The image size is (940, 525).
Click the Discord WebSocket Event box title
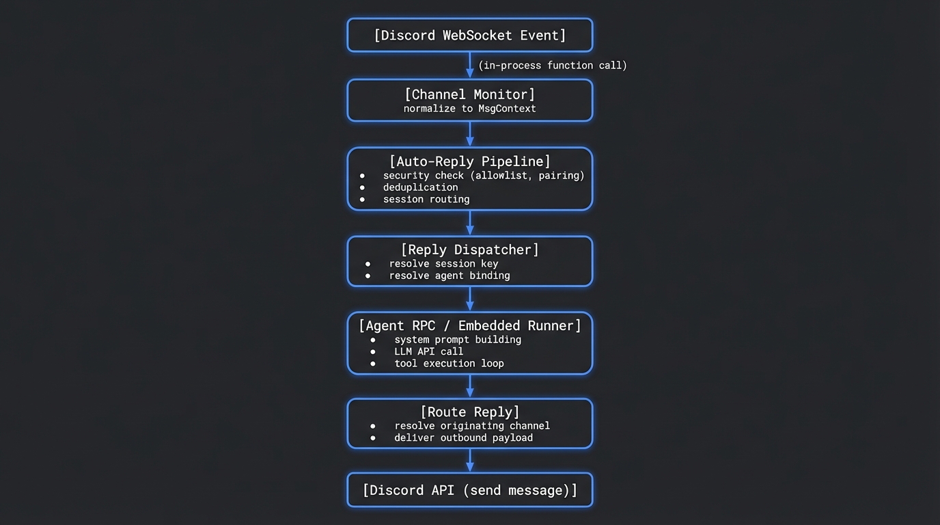point(470,36)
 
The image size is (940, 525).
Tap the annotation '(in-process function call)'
point(552,66)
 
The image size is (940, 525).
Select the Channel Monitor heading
point(470,94)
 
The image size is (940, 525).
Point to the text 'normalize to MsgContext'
point(470,109)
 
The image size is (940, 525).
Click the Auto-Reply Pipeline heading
point(470,161)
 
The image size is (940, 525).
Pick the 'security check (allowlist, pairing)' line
point(484,176)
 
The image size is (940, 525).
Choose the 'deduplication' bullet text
point(420,187)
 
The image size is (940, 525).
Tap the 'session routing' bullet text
point(426,200)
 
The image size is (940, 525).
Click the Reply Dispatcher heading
point(470,250)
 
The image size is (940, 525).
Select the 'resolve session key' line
point(443,264)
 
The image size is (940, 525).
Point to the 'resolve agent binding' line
point(450,275)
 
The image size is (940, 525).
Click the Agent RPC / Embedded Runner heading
point(470,325)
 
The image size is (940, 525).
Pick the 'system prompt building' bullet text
point(458,340)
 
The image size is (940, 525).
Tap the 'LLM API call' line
point(428,351)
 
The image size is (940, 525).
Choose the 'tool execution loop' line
point(449,364)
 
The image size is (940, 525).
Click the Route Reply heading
point(470,412)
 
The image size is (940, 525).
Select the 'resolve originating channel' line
point(472,426)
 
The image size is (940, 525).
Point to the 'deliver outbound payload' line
point(463,437)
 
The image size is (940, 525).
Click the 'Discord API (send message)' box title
point(470,490)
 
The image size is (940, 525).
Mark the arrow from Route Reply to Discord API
point(470,460)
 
